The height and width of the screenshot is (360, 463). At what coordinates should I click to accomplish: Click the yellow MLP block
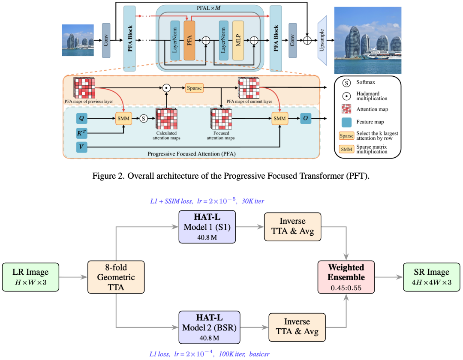coord(238,40)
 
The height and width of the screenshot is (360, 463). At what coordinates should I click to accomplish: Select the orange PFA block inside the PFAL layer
coord(189,40)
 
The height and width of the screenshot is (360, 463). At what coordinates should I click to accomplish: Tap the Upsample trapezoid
coord(322,40)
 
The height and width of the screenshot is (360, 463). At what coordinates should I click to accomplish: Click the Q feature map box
coord(81,118)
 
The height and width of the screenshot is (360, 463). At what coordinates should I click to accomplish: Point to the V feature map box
coord(81,147)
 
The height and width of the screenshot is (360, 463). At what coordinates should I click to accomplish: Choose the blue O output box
coord(306,118)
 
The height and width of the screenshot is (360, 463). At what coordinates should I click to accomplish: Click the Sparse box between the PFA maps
coord(194,88)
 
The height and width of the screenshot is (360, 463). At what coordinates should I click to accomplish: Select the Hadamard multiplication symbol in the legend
coord(347,96)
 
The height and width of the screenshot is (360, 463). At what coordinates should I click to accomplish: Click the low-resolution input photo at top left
coord(78,40)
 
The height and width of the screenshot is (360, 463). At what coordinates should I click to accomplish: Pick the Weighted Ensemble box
coord(346,277)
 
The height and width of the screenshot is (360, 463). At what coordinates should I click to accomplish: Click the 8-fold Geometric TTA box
coord(116,277)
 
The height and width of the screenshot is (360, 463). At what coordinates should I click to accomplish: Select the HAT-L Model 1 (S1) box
coord(207,227)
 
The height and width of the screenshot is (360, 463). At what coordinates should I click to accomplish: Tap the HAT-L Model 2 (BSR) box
coord(209,327)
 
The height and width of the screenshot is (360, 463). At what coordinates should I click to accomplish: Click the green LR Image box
coord(31,277)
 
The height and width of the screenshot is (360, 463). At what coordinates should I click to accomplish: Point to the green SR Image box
coord(432,277)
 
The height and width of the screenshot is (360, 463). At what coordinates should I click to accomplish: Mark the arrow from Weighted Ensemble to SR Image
coord(389,277)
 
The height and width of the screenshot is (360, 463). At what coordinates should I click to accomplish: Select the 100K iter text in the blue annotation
coord(232,354)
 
